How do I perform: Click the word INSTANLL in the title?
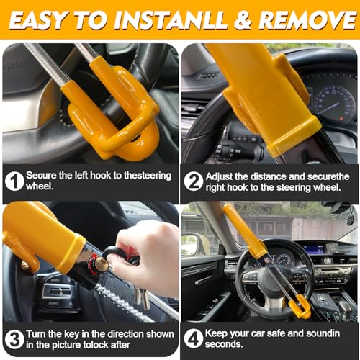(170, 20)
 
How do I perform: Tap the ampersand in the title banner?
(243, 20)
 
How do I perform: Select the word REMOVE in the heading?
(307, 20)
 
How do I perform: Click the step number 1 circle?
(14, 181)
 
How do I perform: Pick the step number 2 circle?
(194, 181)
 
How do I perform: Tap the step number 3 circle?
(14, 340)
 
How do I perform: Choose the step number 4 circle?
(194, 338)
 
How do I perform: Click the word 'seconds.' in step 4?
(224, 344)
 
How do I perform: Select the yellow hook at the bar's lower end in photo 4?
(300, 306)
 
